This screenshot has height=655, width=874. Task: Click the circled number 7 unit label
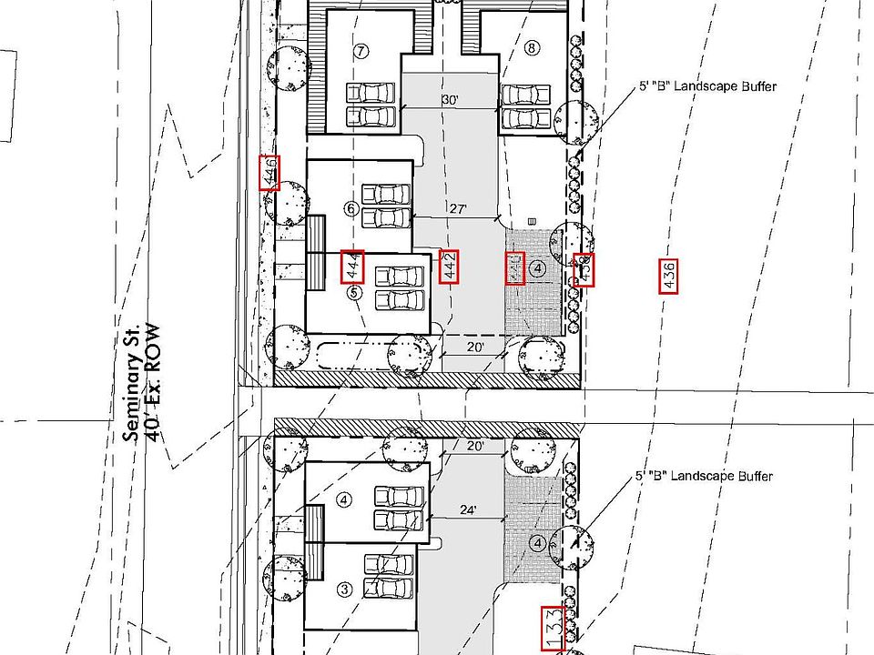click(361, 51)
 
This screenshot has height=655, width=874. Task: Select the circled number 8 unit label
click(531, 48)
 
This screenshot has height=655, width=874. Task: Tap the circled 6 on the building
click(351, 208)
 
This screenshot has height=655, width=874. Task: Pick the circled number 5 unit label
click(354, 292)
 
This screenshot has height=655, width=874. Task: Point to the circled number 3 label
click(344, 589)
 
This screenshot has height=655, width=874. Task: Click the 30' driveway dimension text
click(448, 99)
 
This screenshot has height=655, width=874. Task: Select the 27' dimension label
click(458, 208)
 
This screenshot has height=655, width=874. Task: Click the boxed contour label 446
click(269, 172)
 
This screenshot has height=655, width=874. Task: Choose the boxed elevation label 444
click(352, 266)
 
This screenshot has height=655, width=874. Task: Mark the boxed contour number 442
click(449, 266)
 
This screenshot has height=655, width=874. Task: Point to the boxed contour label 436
click(669, 276)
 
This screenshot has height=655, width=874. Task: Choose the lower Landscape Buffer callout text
click(705, 477)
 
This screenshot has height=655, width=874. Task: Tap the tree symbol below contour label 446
click(288, 204)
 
